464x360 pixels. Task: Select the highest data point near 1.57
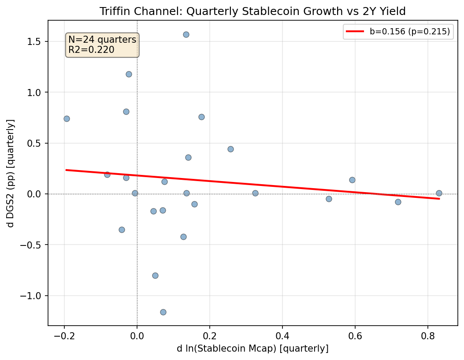[186, 34]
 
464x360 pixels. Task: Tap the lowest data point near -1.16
[163, 312]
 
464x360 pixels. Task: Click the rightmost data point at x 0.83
[439, 193]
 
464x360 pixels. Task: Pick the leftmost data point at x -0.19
[67, 119]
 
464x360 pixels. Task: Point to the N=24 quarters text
[102, 40]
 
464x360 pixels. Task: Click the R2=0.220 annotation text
[91, 50]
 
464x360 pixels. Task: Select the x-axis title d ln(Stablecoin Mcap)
[252, 349]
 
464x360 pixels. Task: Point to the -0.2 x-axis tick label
[64, 337]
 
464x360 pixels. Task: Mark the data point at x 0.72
[398, 202]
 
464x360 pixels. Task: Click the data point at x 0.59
[352, 180]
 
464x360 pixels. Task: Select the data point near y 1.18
[129, 74]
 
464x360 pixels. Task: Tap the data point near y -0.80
[155, 275]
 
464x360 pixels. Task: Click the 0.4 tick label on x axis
[282, 337]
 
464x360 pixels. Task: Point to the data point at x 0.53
[329, 199]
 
